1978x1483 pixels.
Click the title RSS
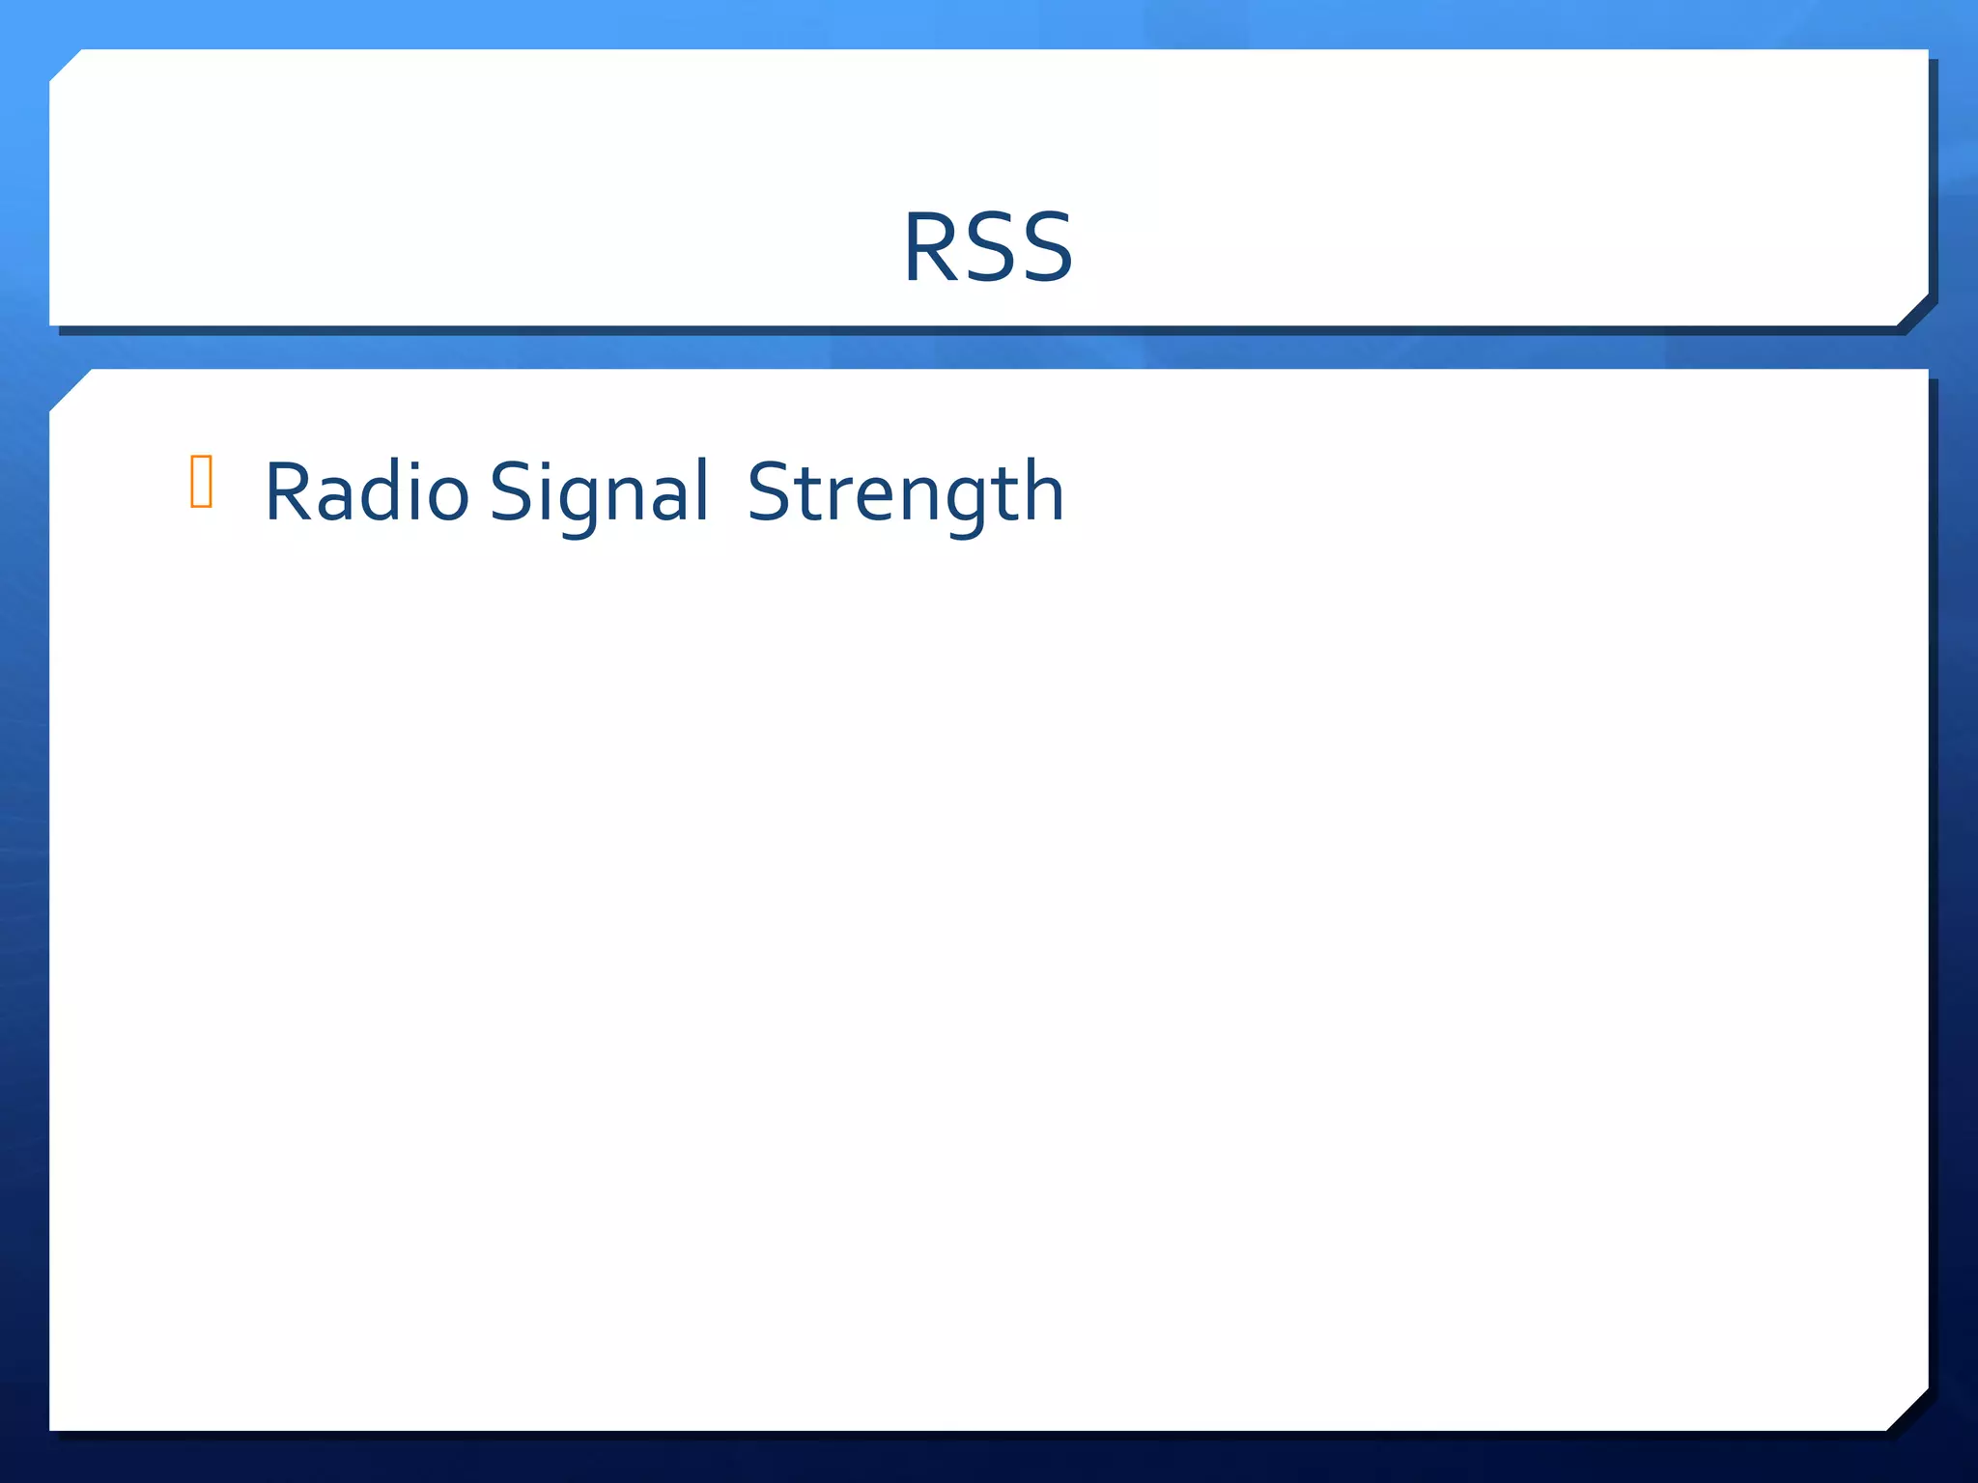point(987,247)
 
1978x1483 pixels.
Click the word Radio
point(366,492)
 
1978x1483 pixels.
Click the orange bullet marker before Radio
point(201,481)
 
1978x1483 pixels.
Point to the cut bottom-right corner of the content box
point(1908,1410)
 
